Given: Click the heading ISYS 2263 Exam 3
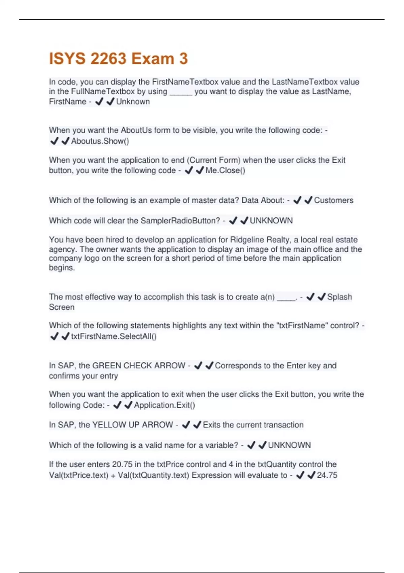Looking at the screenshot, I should pyautogui.click(x=118, y=59).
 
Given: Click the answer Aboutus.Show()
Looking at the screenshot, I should pyautogui.click(x=100, y=141).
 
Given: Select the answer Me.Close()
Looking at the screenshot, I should pyautogui.click(x=225, y=170).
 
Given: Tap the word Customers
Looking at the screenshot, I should pyautogui.click(x=334, y=200).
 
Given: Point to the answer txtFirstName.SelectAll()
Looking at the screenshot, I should pyautogui.click(x=114, y=336).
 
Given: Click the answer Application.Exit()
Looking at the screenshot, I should pyautogui.click(x=164, y=405).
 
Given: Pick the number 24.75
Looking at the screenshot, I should pyautogui.click(x=327, y=475).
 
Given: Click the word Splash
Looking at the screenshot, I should pyautogui.click(x=339, y=297).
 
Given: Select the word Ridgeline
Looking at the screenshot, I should pyautogui.click(x=247, y=240).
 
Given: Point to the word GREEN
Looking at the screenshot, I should pyautogui.click(x=107, y=366).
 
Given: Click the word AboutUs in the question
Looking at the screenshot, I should pyautogui.click(x=136, y=130).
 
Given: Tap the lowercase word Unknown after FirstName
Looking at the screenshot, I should pyautogui.click(x=133, y=102).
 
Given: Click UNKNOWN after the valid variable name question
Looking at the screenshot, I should pyautogui.click(x=289, y=445).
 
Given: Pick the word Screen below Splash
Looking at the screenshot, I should pyautogui.click(x=62, y=307).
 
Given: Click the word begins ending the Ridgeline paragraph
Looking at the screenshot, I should pyautogui.click(x=62, y=268).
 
